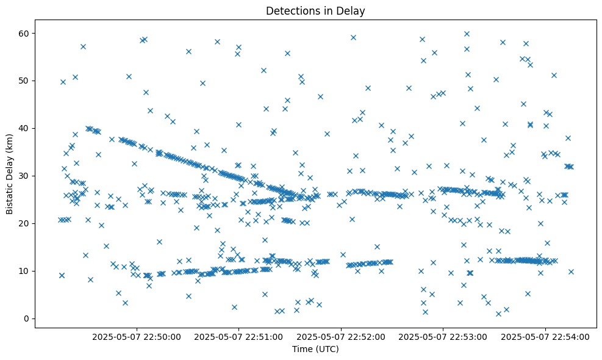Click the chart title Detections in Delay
pos(315,10)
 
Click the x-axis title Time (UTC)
pos(315,350)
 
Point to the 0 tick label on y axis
pos(27,319)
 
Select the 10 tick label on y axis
pos(24,271)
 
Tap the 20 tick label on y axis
pos(24,223)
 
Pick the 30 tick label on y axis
pos(24,176)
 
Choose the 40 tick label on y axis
pos(24,128)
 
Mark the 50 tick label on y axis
pos(24,81)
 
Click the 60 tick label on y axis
pos(24,33)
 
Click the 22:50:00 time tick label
pos(137,336)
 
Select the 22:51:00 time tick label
pos(238,336)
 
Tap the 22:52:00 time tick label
pos(341,336)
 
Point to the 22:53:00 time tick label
pos(443,336)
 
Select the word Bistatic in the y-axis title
pos(10,196)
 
